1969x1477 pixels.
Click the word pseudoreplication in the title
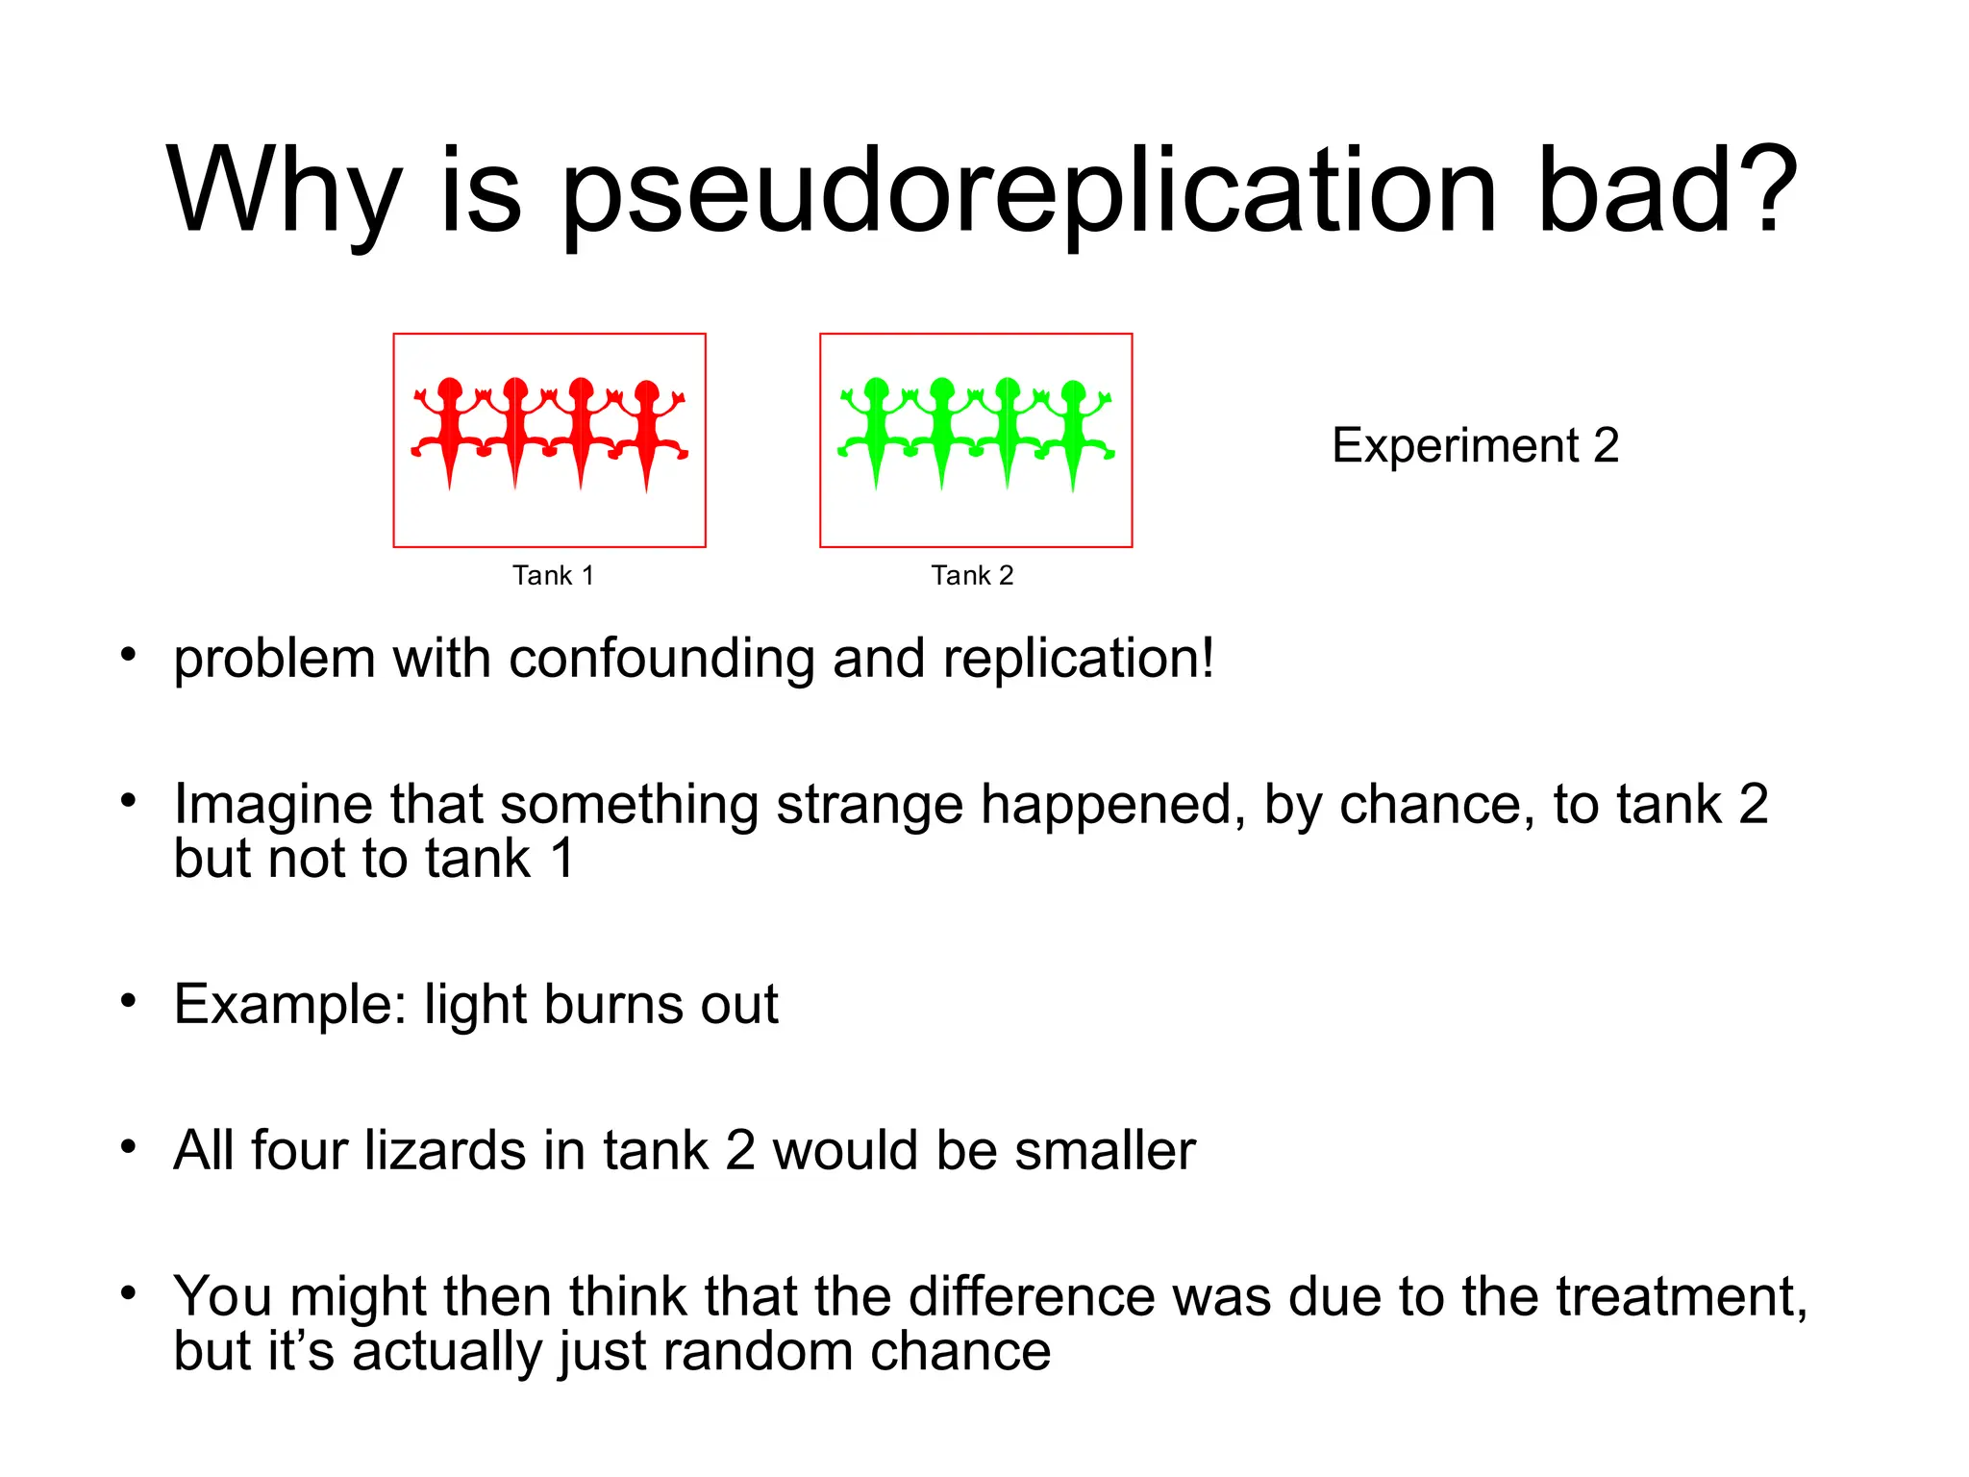(1028, 192)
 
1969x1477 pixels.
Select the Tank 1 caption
(553, 575)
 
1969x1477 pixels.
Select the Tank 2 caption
(972, 575)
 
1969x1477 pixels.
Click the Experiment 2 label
(1475, 445)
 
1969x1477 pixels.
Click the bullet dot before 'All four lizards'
(128, 1146)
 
